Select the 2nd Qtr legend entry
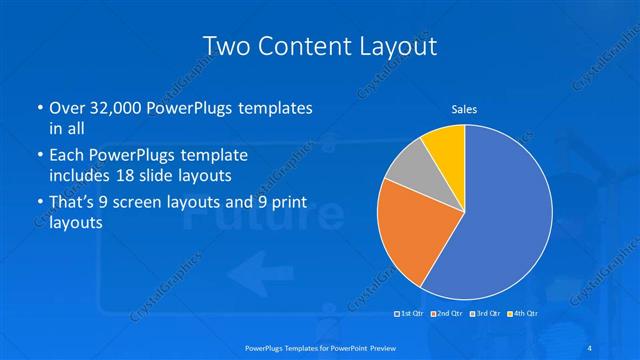pyautogui.click(x=446, y=314)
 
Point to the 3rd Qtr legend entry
pyautogui.click(x=483, y=314)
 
